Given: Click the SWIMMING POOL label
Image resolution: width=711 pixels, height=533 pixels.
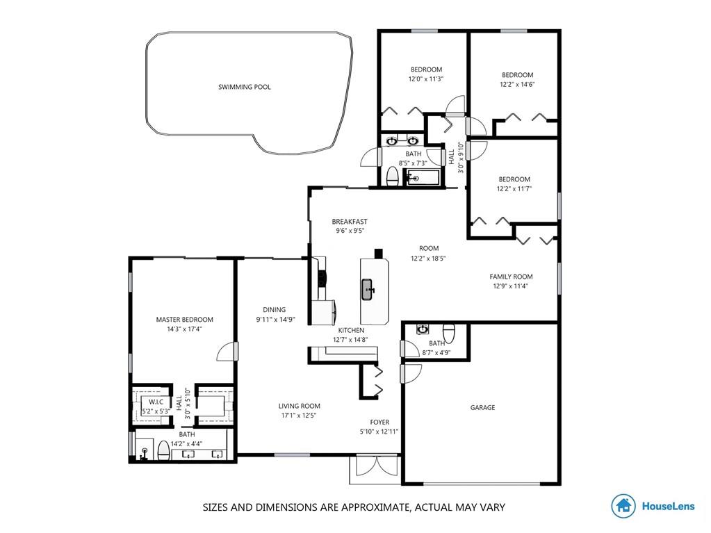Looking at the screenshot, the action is [x=245, y=87].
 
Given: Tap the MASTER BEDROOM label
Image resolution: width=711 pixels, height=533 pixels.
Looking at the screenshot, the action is [x=185, y=320].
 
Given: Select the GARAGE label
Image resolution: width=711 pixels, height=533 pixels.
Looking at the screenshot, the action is [x=482, y=407].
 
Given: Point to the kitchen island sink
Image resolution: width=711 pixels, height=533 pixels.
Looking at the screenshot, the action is [x=368, y=289].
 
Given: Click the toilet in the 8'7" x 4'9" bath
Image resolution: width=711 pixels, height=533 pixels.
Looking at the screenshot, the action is [x=448, y=333].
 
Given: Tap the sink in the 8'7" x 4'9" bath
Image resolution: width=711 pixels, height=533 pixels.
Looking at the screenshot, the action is [x=423, y=329].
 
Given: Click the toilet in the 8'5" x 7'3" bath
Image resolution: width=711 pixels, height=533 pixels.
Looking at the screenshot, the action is [x=392, y=176].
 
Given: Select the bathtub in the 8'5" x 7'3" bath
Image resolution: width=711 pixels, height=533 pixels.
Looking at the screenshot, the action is [x=423, y=178].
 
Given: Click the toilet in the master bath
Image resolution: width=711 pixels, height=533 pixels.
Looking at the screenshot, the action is [x=163, y=450].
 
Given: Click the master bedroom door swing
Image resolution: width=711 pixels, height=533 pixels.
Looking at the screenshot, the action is [x=227, y=351].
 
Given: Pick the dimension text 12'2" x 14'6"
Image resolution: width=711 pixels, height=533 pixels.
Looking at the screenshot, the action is [x=517, y=84].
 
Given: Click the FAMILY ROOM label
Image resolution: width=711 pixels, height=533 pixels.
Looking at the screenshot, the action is [x=511, y=277].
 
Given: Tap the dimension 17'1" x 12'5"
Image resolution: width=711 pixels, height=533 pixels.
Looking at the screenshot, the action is [x=299, y=415].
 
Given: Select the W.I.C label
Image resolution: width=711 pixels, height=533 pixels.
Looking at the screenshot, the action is [x=156, y=402].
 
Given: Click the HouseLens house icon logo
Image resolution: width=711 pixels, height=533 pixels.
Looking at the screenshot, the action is [x=623, y=507].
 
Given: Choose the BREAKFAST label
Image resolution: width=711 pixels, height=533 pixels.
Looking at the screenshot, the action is [x=350, y=222].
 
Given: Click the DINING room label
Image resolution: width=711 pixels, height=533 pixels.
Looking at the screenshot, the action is [x=275, y=309].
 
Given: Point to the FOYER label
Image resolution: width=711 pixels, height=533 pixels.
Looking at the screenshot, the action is [x=379, y=422].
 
